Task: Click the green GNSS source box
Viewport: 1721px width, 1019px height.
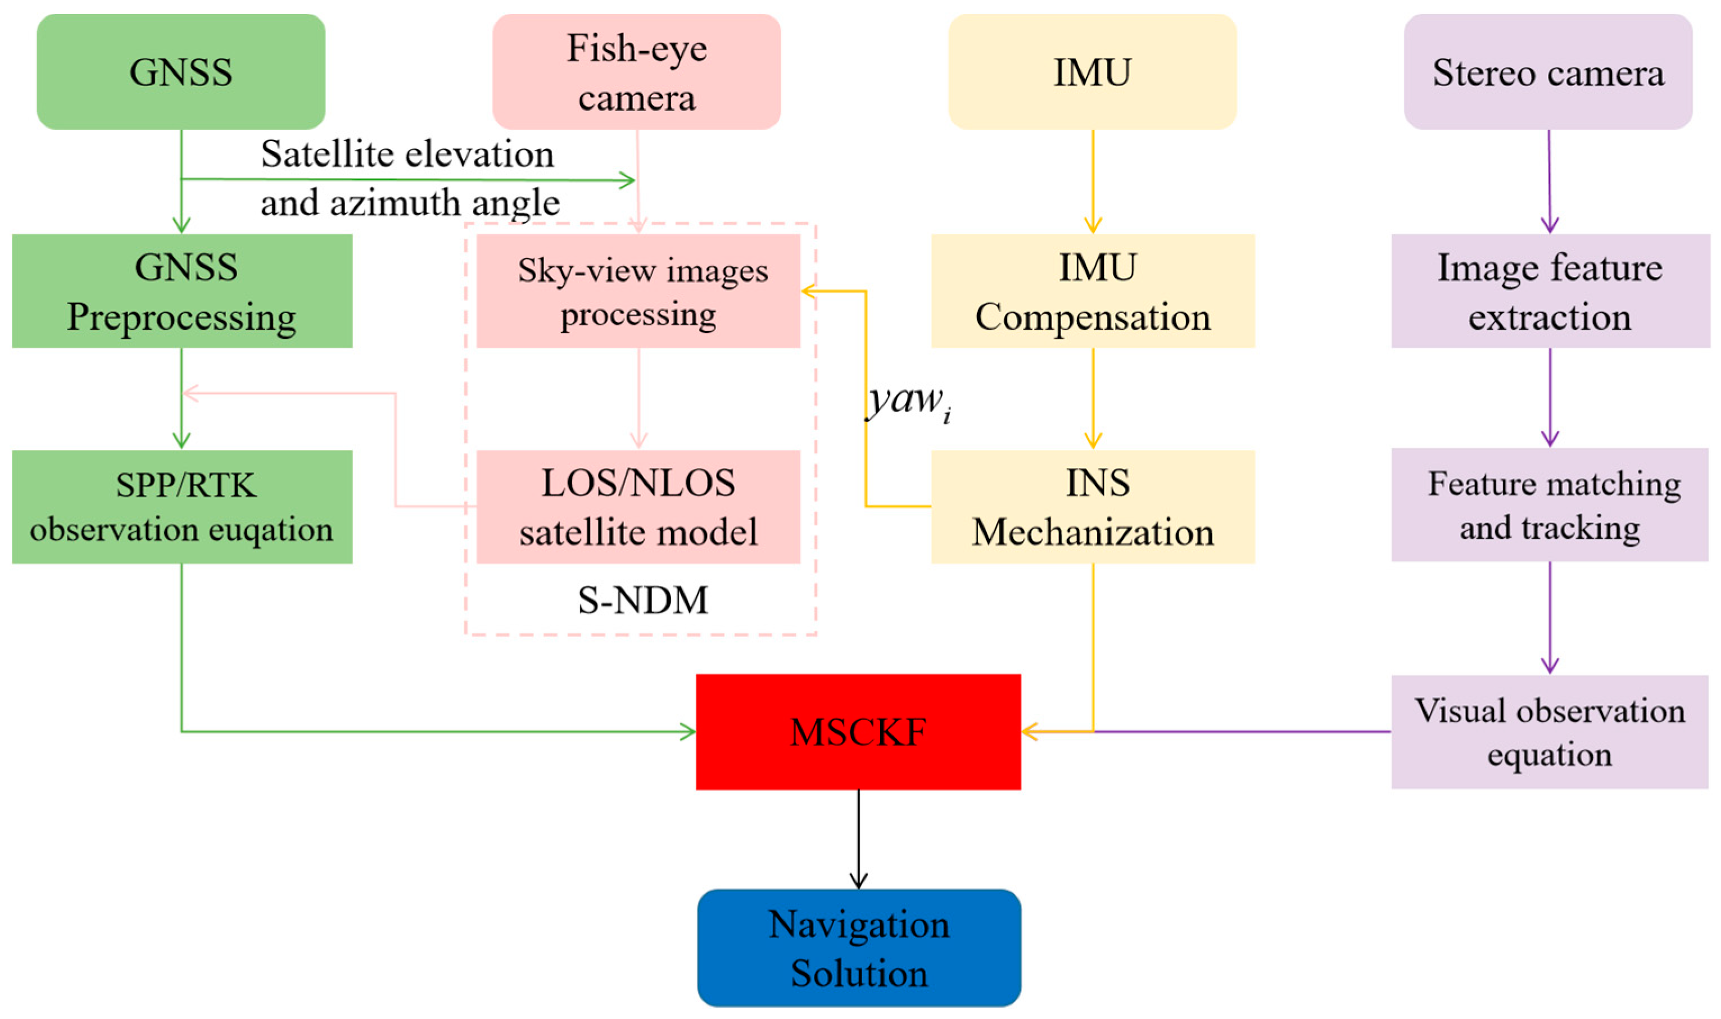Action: pos(180,71)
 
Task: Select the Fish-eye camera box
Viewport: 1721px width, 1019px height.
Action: pos(636,71)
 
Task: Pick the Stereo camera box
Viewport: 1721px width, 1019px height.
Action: pos(1547,71)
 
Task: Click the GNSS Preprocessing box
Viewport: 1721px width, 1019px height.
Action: pos(182,290)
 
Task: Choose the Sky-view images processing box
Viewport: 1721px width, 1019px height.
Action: pos(638,290)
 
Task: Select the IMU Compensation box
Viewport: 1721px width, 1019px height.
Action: pos(1093,290)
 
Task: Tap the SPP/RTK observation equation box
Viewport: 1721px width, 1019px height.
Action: pos(182,507)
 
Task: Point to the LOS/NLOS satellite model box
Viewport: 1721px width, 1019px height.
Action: pos(638,507)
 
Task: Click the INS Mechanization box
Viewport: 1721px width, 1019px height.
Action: pos(1093,507)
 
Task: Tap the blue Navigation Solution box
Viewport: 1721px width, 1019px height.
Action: pos(858,948)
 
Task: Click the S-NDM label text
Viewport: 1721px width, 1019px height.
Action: pos(642,600)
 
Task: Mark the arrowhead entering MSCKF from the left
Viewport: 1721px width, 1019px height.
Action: pos(688,732)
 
